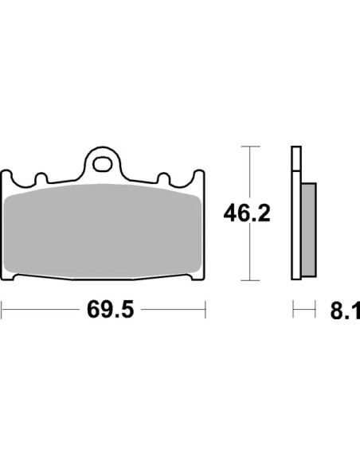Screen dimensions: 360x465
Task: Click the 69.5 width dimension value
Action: point(111,310)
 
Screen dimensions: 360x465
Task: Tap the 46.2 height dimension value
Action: point(247,213)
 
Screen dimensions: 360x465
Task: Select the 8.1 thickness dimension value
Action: point(345,311)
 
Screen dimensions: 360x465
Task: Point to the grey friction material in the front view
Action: point(103,232)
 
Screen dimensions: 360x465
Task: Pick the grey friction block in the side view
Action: point(309,230)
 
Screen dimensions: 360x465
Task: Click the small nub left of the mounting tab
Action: point(41,178)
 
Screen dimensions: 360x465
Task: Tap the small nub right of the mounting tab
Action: point(163,178)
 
